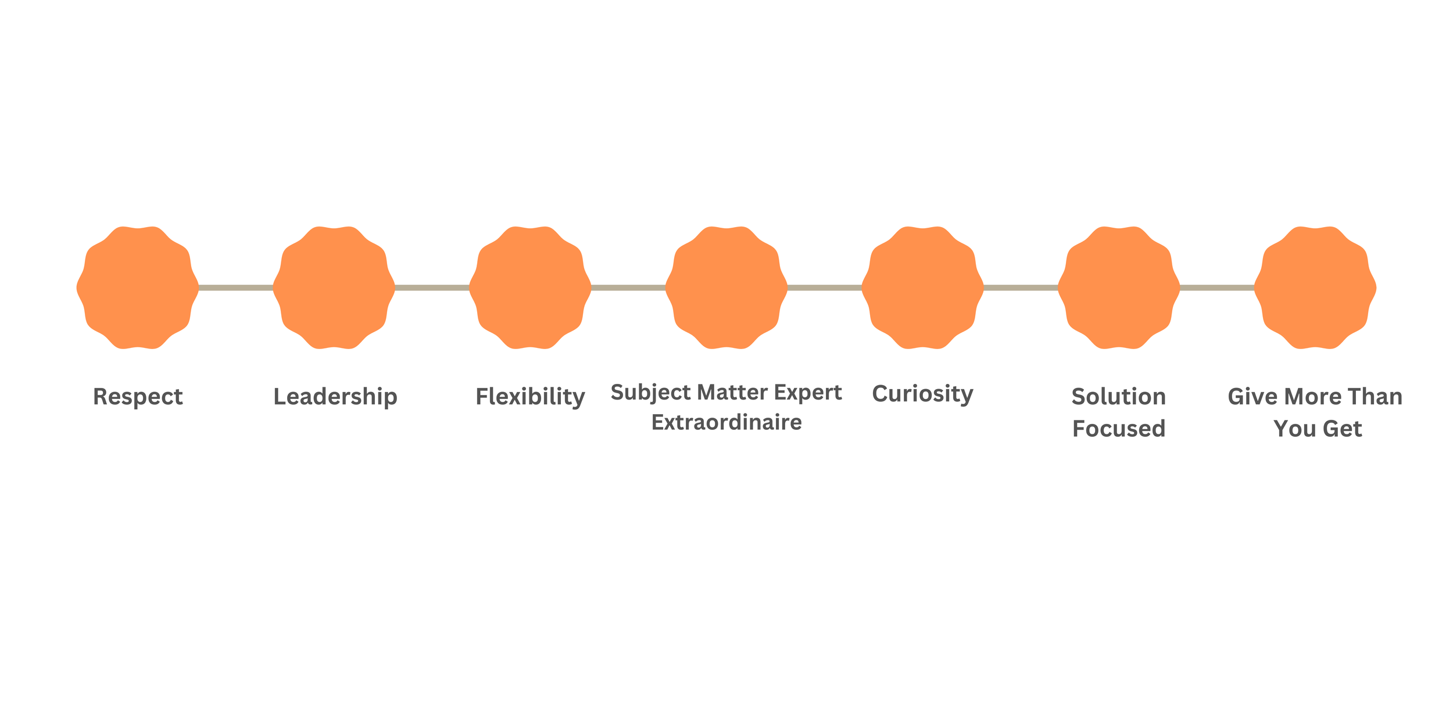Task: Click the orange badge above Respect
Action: [x=138, y=287]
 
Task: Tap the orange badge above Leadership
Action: [x=334, y=287]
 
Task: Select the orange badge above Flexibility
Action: [x=530, y=287]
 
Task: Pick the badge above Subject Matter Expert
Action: [x=727, y=287]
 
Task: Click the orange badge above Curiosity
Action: [x=922, y=287]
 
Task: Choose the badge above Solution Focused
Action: [x=1119, y=287]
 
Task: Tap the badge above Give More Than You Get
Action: [x=1315, y=287]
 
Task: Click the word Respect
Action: [x=138, y=397]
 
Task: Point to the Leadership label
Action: [x=335, y=397]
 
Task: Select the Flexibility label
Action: [x=530, y=397]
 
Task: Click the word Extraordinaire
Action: [x=727, y=422]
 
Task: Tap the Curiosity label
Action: [x=922, y=394]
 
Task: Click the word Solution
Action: [x=1119, y=397]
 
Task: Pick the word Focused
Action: [x=1119, y=429]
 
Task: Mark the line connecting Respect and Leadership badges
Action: [x=236, y=287]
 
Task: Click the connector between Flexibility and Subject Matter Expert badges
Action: [x=628, y=287]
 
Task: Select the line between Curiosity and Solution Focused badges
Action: [x=1021, y=287]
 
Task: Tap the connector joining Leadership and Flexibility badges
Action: [x=432, y=287]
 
